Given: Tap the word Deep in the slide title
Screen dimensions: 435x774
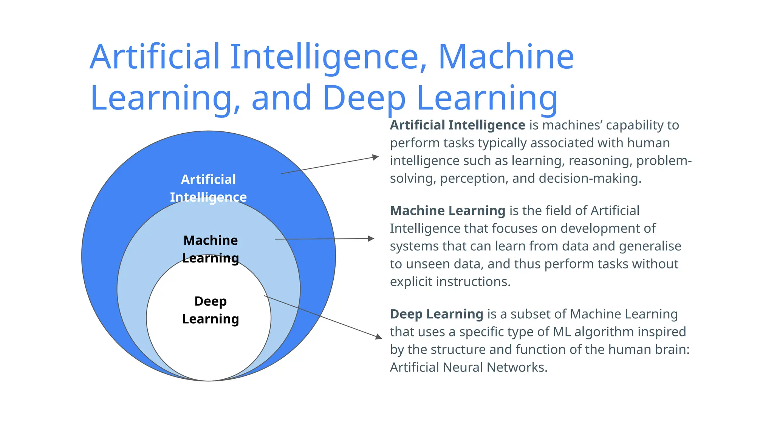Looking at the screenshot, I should pos(364,98).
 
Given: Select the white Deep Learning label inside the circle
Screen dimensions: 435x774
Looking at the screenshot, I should pos(211,310).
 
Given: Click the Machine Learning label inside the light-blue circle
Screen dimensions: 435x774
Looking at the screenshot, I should pos(211,249).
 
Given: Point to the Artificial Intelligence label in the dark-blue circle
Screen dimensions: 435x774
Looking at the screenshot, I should pos(208,188).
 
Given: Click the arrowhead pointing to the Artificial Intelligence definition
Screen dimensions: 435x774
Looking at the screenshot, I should pos(375,157).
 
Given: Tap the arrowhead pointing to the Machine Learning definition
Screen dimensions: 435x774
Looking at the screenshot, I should pos(371,239).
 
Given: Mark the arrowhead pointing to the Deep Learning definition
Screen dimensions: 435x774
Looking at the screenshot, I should pos(378,336).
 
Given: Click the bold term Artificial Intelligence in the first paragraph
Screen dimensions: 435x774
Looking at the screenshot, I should pos(457,125).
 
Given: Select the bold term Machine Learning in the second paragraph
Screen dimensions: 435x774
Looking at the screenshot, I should pos(447,211).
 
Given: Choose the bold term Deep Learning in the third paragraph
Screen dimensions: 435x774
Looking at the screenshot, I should pos(437,314).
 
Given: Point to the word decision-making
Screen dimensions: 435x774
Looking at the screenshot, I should pos(590,179).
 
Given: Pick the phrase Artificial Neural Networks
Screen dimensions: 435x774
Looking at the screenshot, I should pos(469,367).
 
